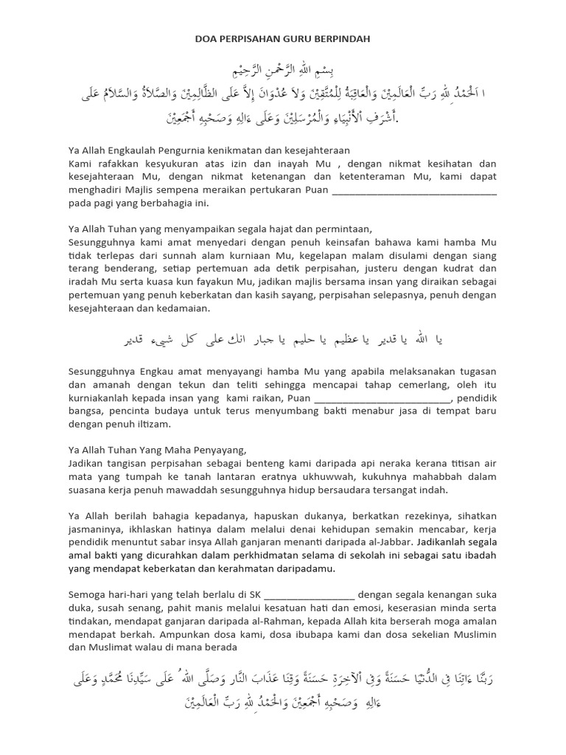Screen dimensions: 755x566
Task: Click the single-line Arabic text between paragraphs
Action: pos(282,339)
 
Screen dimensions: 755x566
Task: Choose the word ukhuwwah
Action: pos(313,476)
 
